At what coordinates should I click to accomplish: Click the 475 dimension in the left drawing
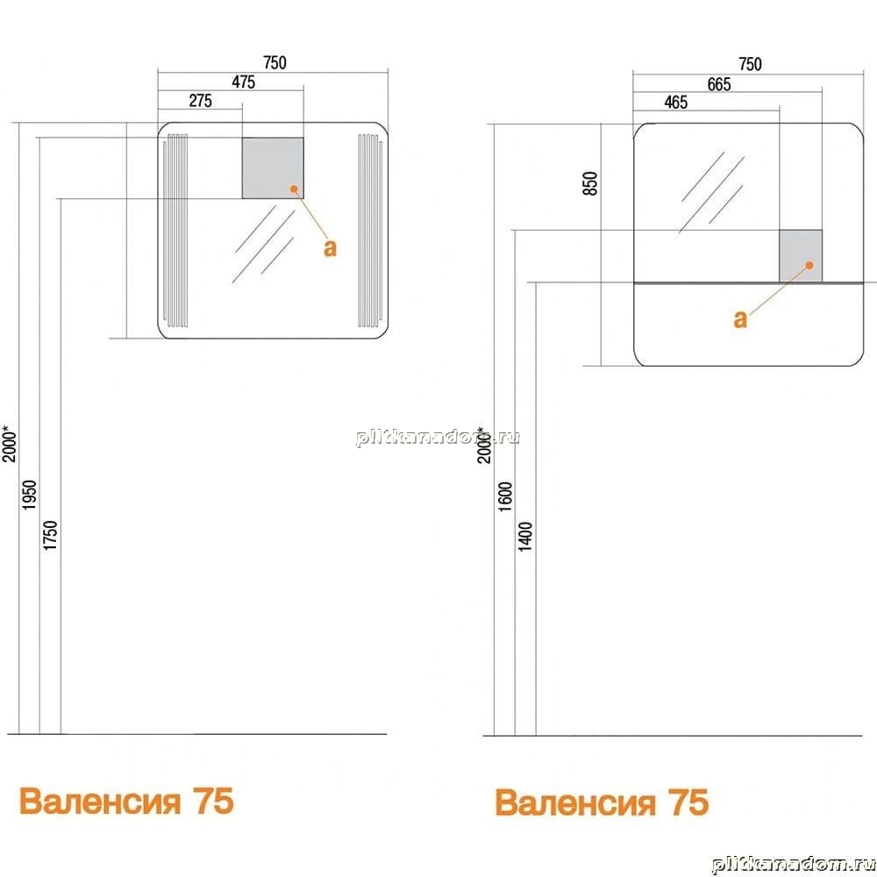pos(243,82)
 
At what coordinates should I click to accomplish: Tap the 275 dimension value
pos(200,101)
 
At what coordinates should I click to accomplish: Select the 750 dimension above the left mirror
pos(275,62)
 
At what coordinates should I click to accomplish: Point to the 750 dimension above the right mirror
pos(750,64)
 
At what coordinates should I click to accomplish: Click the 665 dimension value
pos(719,84)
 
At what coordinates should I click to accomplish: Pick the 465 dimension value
pos(675,103)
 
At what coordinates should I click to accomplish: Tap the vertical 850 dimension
pos(590,183)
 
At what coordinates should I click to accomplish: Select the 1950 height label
pos(29,495)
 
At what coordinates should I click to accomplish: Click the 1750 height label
pos(50,535)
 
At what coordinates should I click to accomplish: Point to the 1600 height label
pos(504,496)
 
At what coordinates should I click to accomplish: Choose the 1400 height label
pos(525,537)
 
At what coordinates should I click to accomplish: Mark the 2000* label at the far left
pos(10,444)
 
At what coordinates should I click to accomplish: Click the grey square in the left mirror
pos(273,168)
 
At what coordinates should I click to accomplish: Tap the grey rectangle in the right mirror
pos(801,256)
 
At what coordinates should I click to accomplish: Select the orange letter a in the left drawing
pos(331,248)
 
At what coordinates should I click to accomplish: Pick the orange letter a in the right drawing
pos(740,319)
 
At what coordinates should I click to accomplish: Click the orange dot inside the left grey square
pos(294,189)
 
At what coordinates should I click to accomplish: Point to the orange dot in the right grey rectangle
pos(809,265)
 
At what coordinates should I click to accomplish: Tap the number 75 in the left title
pos(213,801)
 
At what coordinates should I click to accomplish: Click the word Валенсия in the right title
pos(575,803)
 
